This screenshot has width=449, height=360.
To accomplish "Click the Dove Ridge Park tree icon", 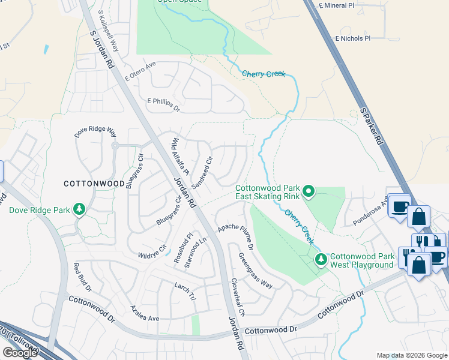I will point(79,209).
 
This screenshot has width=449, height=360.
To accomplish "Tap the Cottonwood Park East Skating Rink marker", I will point(309,191).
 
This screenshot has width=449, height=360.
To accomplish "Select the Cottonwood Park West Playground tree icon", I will point(321,259).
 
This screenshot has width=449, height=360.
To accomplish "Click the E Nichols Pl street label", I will point(353,38).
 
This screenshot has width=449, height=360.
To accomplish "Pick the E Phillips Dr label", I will point(163,105).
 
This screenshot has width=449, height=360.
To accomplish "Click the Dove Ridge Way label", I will point(95,131).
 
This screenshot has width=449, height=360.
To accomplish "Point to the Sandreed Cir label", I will point(202,173).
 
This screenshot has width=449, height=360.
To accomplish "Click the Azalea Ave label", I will point(145,313).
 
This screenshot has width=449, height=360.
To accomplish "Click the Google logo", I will point(19,353).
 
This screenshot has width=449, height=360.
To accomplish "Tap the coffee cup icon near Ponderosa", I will point(399,206).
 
